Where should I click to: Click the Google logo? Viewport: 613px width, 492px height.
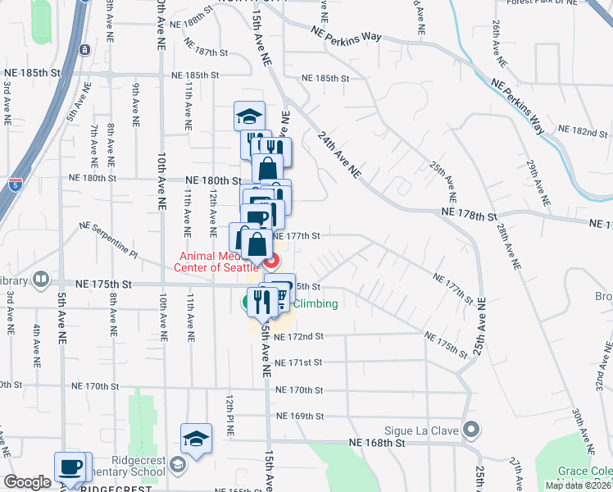pyautogui.click(x=27, y=482)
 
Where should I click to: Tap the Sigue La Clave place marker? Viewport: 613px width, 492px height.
pyautogui.click(x=471, y=429)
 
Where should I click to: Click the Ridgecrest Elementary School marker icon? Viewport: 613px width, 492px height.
pyautogui.click(x=177, y=467)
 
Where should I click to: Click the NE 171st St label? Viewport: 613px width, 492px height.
pyautogui.click(x=299, y=362)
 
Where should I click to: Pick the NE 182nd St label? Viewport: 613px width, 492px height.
pyautogui.click(x=583, y=131)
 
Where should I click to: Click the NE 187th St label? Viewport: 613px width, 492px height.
pyautogui.click(x=206, y=52)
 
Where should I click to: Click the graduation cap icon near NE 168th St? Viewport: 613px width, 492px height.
pyautogui.click(x=197, y=439)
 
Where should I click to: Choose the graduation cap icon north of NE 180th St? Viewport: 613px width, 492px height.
pyautogui.click(x=250, y=116)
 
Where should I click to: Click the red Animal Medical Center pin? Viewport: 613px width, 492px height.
pyautogui.click(x=271, y=262)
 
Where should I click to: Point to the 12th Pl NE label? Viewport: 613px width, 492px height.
pyautogui.click(x=230, y=412)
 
